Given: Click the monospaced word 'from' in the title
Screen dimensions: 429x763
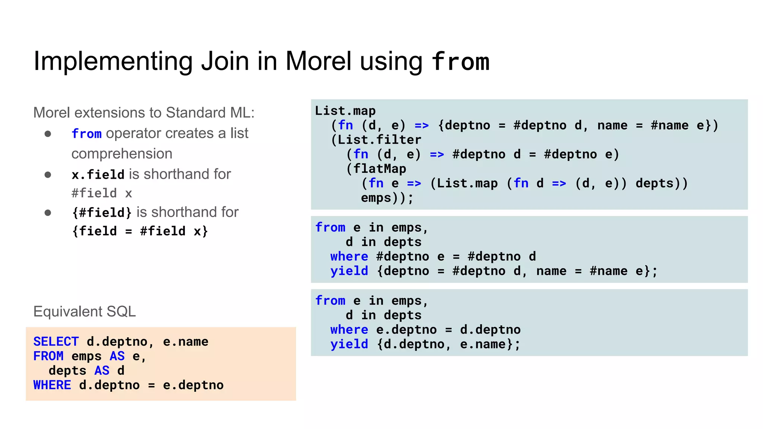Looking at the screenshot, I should pyautogui.click(x=460, y=61).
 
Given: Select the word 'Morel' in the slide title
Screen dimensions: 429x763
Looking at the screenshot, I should pyautogui.click(x=318, y=61).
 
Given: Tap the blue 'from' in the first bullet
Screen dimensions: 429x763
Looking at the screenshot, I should pyautogui.click(x=86, y=133).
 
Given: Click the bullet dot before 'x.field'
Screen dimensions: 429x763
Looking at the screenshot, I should pyautogui.click(x=48, y=175).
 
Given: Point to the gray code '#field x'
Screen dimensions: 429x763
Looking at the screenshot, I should pyautogui.click(x=102, y=193).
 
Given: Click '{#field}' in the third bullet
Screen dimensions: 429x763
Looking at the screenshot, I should pyautogui.click(x=102, y=212).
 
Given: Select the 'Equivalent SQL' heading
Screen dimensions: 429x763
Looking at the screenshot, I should pyautogui.click(x=85, y=311).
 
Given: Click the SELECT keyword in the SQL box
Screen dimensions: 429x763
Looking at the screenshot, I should pyautogui.click(x=56, y=341).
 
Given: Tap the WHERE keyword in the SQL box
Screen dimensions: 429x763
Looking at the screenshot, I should pyautogui.click(x=52, y=385).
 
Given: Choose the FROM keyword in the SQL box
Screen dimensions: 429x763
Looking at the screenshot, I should pyautogui.click(x=48, y=356).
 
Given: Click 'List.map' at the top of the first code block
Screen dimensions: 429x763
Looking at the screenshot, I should pyautogui.click(x=345, y=111).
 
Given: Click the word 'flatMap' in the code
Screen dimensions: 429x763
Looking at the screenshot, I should pyautogui.click(x=379, y=169).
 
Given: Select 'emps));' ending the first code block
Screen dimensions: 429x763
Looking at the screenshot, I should pyautogui.click(x=387, y=198).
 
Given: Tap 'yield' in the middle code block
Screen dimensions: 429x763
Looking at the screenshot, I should pyautogui.click(x=349, y=271).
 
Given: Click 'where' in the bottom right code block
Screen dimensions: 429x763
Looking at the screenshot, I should pyautogui.click(x=349, y=330).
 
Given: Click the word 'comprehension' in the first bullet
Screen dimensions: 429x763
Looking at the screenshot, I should pyautogui.click(x=122, y=153).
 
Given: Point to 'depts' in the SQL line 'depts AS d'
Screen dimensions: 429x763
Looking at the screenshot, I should pyautogui.click(x=67, y=371).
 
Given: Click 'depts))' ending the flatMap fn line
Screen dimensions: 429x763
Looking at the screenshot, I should pyautogui.click(x=661, y=183).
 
